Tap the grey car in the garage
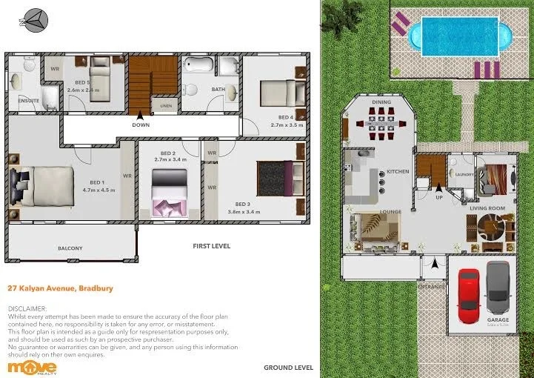[x=498, y=290]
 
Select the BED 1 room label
[x=97, y=182]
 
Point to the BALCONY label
[x=70, y=248]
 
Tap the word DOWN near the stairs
[x=141, y=125]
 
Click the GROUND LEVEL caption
[x=288, y=367]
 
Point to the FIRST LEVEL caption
[x=212, y=245]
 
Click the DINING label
[x=381, y=102]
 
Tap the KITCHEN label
[x=398, y=172]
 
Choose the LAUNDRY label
[x=464, y=176]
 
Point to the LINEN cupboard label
[x=166, y=107]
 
